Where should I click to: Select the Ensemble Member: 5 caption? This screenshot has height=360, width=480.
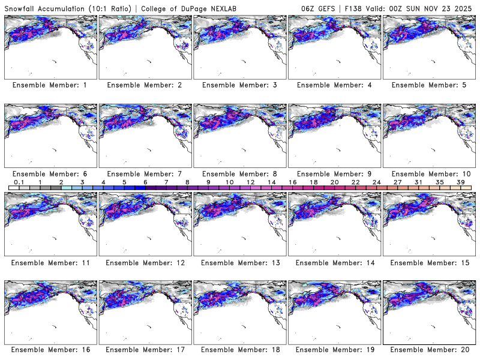(x=429, y=85)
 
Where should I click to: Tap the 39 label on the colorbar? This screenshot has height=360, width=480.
(x=460, y=182)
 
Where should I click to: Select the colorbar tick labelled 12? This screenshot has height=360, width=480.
(x=250, y=182)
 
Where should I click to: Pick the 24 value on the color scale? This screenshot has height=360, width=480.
(x=376, y=182)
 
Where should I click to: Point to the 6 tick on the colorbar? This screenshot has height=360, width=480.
(x=145, y=182)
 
